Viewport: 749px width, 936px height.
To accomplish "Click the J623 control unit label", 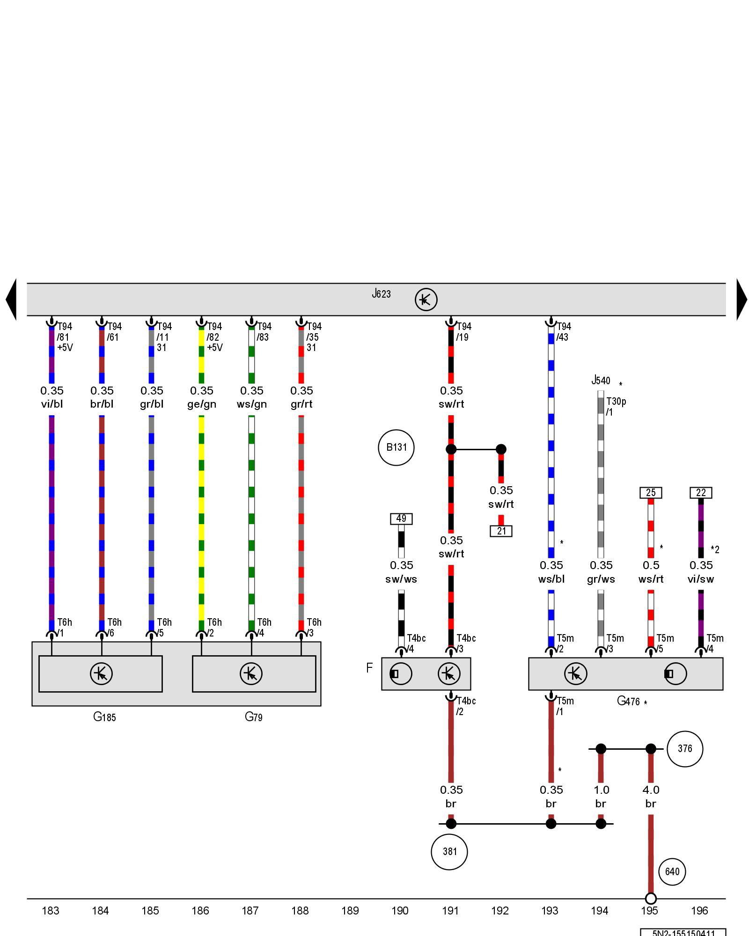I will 381,294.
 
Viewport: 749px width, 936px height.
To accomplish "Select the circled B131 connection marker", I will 396,447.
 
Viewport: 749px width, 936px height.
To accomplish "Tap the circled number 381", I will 449,851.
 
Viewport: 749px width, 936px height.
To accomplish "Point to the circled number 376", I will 684,748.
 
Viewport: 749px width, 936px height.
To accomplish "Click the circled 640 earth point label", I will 672,871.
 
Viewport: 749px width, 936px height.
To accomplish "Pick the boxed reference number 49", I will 401,519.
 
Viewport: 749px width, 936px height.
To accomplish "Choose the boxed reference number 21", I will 501,531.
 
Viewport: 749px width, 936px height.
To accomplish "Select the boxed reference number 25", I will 651,493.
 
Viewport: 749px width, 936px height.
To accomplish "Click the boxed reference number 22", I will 701,493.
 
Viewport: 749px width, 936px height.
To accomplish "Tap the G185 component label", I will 104,717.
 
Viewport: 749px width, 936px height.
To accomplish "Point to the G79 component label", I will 254,717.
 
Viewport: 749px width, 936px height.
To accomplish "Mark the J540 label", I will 601,380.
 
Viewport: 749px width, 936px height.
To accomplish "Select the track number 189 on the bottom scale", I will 350,910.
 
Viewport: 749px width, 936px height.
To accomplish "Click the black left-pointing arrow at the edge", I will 11,300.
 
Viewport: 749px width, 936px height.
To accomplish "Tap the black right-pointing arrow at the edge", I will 742,300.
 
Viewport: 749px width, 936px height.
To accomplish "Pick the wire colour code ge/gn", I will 202,404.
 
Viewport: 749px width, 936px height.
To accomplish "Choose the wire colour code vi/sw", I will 701,579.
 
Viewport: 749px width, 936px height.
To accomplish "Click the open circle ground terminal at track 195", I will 651,899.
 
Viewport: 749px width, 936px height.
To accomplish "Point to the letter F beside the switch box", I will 369,668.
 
